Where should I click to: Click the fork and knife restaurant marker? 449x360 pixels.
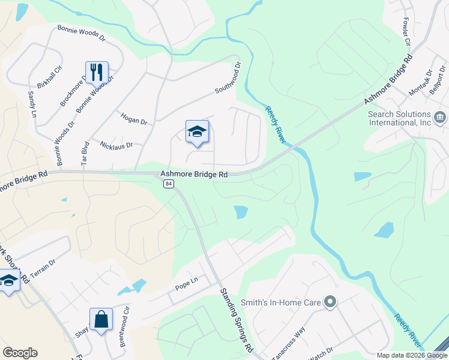[97, 73]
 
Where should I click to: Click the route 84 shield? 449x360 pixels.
[169, 184]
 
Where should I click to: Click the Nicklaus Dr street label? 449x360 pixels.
[116, 145]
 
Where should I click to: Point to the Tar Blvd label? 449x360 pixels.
[85, 153]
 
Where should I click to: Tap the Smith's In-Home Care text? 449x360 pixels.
[281, 302]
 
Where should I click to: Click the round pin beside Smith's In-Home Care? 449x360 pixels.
[329, 302]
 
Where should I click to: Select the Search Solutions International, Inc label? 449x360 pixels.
[399, 118]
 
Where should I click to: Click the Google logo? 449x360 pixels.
[20, 353]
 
